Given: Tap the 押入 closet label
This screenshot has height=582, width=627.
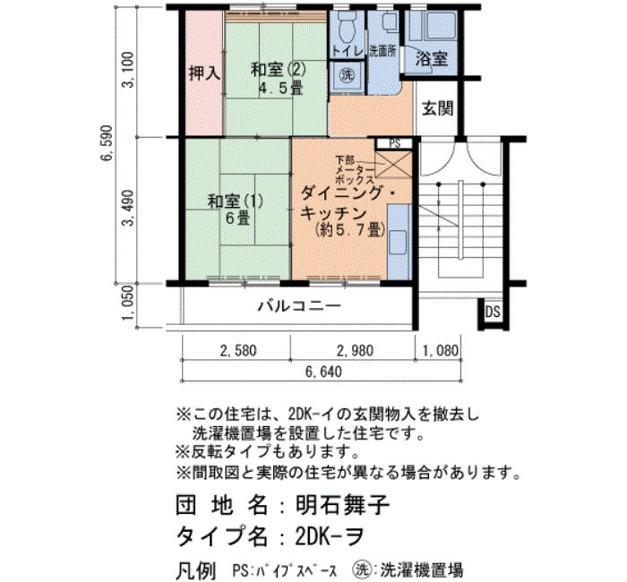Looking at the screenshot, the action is tap(204, 73).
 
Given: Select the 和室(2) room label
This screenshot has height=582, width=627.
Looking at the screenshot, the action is tap(279, 71).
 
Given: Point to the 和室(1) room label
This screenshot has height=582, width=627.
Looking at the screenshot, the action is tap(236, 201).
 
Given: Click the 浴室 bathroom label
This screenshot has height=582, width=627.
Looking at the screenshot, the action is tap(431, 60).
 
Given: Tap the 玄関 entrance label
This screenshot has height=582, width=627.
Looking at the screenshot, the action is tap(438, 108).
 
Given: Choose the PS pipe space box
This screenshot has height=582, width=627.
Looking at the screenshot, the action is tap(394, 143).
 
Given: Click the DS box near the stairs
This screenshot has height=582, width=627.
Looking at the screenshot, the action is tap(493, 312).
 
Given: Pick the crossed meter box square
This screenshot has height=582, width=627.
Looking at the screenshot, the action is tap(393, 165).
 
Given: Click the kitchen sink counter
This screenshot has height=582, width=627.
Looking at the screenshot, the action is tap(399, 242).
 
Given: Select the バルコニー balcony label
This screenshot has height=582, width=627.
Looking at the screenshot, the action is tap(299, 306).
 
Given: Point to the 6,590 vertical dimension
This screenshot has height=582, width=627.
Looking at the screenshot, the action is tap(107, 143).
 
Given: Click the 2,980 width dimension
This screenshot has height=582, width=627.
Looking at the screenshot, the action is tap(355, 351).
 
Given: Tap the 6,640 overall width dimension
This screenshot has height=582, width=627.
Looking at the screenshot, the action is tap(323, 372).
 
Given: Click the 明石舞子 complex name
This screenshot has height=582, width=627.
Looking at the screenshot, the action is tap(343, 506).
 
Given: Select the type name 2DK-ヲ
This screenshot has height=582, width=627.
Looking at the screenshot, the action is tap(330, 535).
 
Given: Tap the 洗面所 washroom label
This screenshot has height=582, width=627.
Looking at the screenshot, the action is tap(382, 52).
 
